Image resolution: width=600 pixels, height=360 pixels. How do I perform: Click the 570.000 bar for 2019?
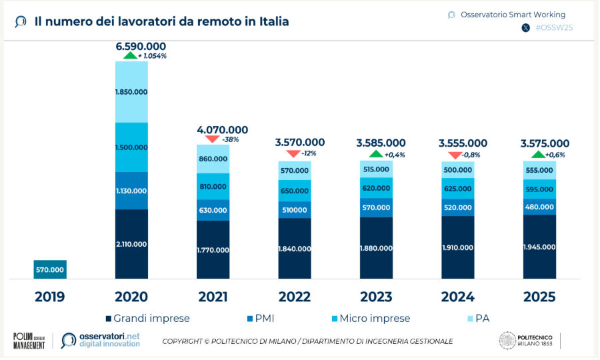pyautogui.click(x=50, y=269)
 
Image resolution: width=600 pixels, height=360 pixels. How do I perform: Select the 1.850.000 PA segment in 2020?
pyautogui.click(x=131, y=91)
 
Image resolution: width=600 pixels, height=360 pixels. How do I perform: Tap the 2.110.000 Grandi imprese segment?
pyautogui.click(x=131, y=244)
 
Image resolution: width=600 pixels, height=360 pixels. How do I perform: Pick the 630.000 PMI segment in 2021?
pyautogui.click(x=213, y=210)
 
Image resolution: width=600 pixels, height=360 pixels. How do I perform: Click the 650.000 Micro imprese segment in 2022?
pyautogui.click(x=295, y=191)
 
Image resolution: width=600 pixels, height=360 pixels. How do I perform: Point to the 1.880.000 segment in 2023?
pyautogui.click(x=376, y=248)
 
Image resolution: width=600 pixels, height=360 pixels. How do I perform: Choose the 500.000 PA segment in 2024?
pyautogui.click(x=457, y=169)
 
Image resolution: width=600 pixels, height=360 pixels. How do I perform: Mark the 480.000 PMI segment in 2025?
pyautogui.click(x=539, y=206)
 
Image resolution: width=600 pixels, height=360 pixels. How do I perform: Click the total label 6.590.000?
pyautogui.click(x=141, y=46)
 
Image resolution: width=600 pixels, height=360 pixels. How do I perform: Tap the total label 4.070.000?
pyautogui.click(x=223, y=129)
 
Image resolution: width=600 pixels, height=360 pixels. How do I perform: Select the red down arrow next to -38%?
pyautogui.click(x=213, y=139)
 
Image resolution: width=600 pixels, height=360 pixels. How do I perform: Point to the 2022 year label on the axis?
pyautogui.click(x=295, y=297)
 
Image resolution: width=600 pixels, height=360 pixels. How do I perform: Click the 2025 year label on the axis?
pyautogui.click(x=539, y=297)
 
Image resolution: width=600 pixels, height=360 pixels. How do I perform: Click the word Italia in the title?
pyautogui.click(x=267, y=21)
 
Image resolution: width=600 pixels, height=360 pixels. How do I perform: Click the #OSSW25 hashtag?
pyautogui.click(x=555, y=28)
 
